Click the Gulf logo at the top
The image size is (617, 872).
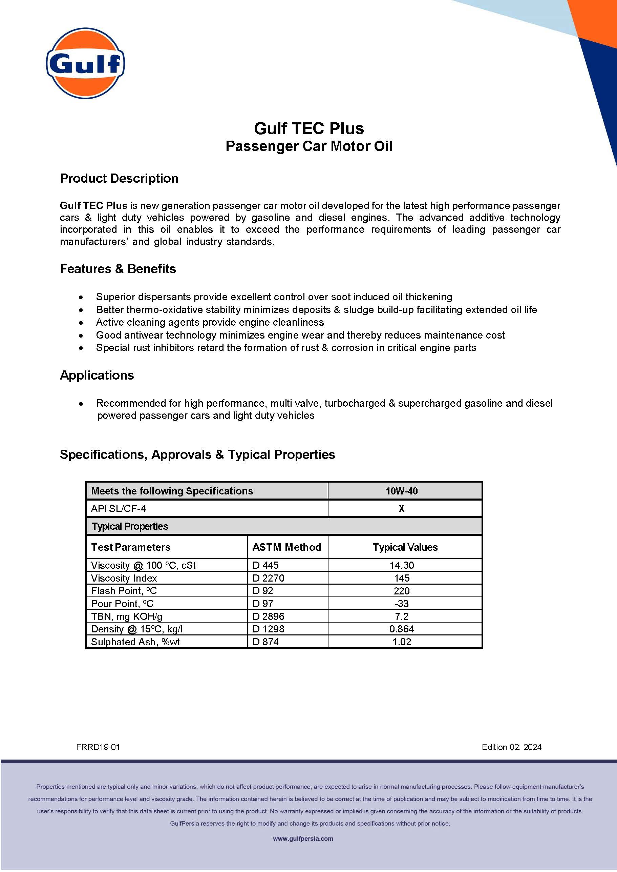(85, 63)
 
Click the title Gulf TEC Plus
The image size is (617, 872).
(308, 128)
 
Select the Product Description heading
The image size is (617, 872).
(119, 178)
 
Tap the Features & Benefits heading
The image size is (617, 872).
(118, 269)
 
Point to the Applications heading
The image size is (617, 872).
(97, 375)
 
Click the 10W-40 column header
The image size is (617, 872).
(402, 491)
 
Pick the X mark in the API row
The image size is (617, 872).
(402, 509)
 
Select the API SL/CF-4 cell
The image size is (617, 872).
(118, 509)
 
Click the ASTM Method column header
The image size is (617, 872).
(286, 547)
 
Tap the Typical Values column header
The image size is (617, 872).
(405, 547)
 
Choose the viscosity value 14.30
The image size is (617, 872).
(402, 565)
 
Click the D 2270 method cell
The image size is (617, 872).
(268, 578)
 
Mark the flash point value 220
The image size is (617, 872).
(402, 591)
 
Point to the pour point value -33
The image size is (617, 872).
(402, 604)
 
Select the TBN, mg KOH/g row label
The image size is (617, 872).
(127, 616)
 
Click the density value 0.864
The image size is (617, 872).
(402, 629)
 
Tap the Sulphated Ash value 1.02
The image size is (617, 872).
(402, 642)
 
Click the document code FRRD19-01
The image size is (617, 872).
(98, 747)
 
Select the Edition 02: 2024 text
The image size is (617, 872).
(511, 747)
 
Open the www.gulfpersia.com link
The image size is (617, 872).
(303, 838)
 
